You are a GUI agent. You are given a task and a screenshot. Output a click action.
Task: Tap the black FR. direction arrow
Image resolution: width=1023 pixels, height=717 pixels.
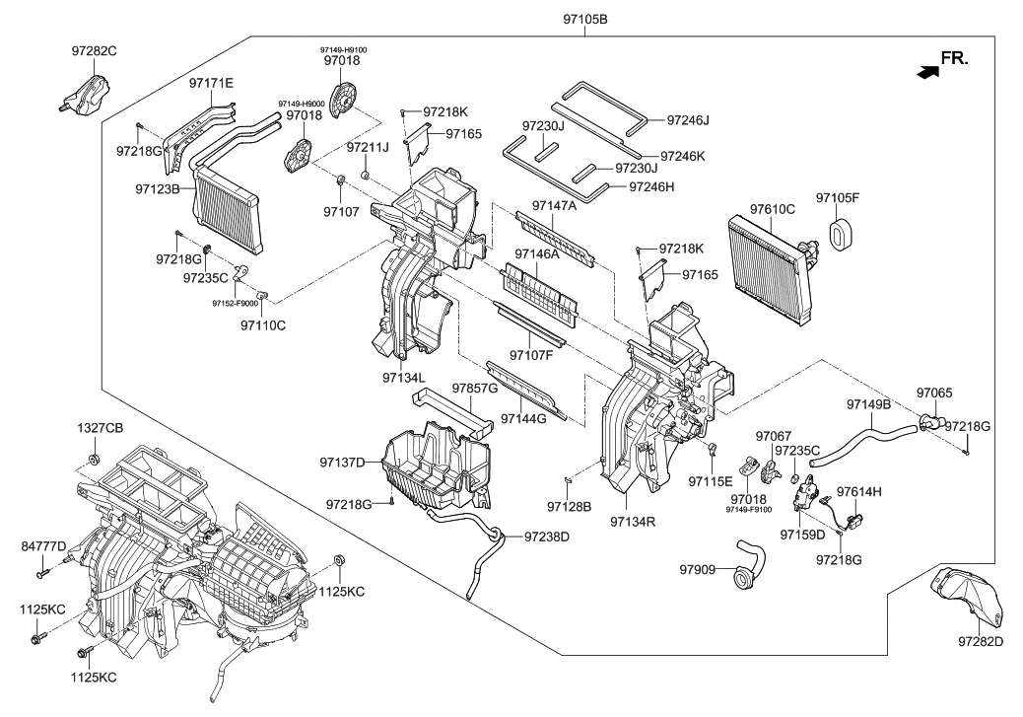coord(925,71)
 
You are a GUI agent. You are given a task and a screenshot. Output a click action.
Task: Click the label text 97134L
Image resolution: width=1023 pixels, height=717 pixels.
coord(404,378)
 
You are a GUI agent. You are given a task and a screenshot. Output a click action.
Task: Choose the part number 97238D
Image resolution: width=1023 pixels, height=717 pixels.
coord(547,537)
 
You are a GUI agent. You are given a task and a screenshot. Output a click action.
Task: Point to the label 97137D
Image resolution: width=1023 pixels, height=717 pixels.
coord(342,462)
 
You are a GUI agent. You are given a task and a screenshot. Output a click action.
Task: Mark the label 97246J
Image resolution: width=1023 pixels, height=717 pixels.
coord(688,120)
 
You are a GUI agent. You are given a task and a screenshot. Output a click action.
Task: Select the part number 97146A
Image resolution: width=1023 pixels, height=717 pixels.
coord(531,253)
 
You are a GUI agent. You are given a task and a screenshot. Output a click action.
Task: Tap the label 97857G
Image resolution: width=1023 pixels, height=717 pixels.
coord(475,389)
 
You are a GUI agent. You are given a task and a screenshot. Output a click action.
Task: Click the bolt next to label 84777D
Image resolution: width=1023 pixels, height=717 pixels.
coord(43,567)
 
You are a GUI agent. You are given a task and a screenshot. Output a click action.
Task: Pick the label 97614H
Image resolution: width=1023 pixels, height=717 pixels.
coord(858,491)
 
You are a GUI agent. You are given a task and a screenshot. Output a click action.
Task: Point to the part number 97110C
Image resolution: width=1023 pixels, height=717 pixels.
coord(262,324)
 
